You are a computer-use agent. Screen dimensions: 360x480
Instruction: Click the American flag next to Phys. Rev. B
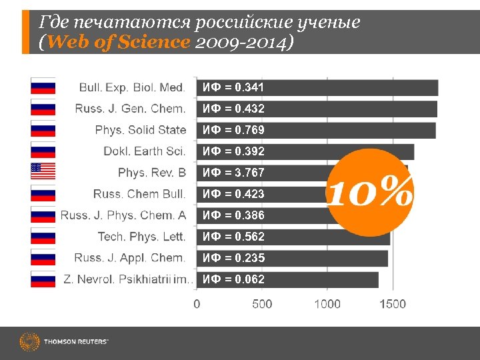(43, 172)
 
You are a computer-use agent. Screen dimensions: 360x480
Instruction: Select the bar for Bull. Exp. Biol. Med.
(317, 87)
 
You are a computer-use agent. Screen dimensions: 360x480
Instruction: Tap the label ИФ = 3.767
(233, 173)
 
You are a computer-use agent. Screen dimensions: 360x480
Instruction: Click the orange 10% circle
(369, 193)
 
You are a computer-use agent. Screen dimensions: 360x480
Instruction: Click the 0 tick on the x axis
(196, 304)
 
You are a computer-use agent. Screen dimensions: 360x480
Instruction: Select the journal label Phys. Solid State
(140, 130)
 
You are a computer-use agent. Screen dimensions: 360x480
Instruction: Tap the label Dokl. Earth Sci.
(144, 151)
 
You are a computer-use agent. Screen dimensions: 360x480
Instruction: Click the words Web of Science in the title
(119, 42)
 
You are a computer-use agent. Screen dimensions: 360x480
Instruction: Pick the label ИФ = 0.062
(233, 279)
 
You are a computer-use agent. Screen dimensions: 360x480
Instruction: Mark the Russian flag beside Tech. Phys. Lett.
(43, 236)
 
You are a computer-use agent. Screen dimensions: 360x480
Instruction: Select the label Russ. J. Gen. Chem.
(130, 109)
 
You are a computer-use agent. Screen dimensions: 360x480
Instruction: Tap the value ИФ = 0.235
(233, 258)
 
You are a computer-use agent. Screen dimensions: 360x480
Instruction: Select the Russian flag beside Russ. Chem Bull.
(43, 193)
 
